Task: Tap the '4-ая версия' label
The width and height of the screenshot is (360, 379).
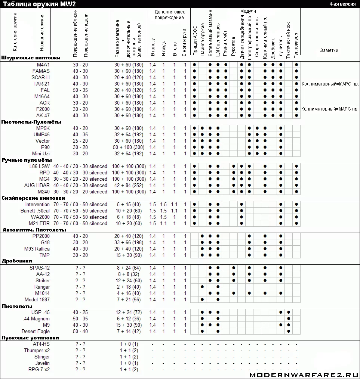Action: point(342,3)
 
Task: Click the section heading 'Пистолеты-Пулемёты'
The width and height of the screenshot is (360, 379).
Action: point(31,122)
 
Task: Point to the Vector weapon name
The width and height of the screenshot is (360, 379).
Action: point(43,141)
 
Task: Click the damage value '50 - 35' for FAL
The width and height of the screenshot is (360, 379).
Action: point(80,90)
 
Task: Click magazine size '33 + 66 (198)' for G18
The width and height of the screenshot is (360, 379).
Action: point(129,243)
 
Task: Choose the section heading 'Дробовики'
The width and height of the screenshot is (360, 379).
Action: point(17,261)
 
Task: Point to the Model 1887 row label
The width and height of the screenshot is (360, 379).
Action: point(37,299)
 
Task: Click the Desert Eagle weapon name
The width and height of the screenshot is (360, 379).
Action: point(36,332)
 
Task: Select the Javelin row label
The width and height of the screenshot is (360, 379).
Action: point(42,363)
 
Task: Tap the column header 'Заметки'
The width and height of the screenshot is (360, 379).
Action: point(329,50)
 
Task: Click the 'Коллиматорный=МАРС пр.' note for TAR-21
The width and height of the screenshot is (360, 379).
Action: point(330,84)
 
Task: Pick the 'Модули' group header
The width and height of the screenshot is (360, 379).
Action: point(248,11)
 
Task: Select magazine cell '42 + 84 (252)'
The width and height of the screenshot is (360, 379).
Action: point(129,186)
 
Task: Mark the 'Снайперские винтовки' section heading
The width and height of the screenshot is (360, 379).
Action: point(33,198)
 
